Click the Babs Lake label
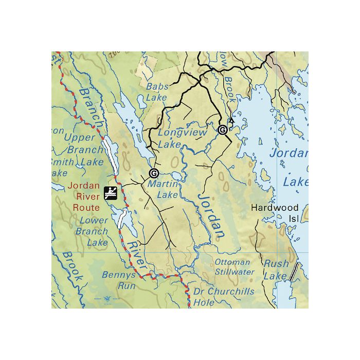(x=157, y=92)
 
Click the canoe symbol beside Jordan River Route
(x=111, y=193)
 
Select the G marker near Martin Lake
(x=153, y=173)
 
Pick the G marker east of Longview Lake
(x=223, y=130)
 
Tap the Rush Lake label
(x=276, y=269)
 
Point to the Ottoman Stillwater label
(x=234, y=266)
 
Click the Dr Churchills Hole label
(x=223, y=297)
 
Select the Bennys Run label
(x=119, y=280)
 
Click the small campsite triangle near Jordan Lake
(x=231, y=122)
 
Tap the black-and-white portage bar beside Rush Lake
(x=293, y=272)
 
